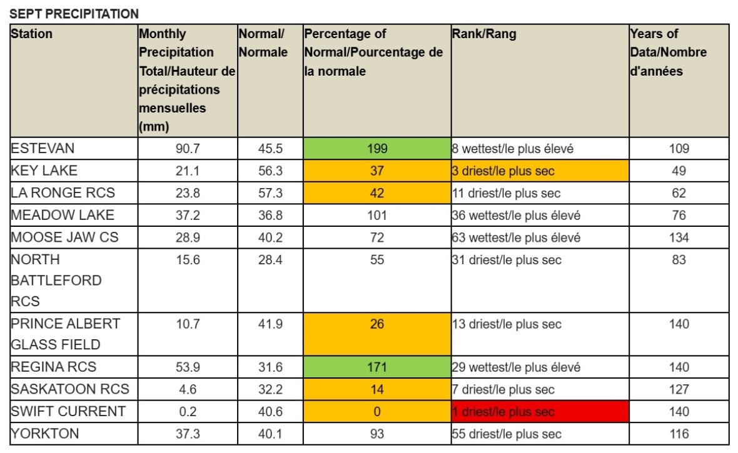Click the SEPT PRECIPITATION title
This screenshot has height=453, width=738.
point(74,13)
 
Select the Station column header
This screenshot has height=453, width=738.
point(31,34)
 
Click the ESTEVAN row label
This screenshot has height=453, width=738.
point(43,149)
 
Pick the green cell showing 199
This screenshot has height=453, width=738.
point(377,149)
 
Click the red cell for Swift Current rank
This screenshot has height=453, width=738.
point(539,412)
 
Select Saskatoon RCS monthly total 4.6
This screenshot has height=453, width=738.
point(188,389)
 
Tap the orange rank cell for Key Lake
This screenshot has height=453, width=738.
point(539,171)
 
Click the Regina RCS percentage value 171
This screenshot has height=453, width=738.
point(377,367)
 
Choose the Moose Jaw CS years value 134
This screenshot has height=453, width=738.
point(679,237)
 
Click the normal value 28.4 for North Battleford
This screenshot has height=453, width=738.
point(270,260)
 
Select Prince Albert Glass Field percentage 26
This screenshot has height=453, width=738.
point(377,324)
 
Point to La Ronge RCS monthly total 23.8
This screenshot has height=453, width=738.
point(188,193)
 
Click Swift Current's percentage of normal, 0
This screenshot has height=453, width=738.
point(377,412)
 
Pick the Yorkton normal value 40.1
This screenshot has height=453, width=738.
point(270,434)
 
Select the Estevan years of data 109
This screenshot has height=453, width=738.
point(679,149)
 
